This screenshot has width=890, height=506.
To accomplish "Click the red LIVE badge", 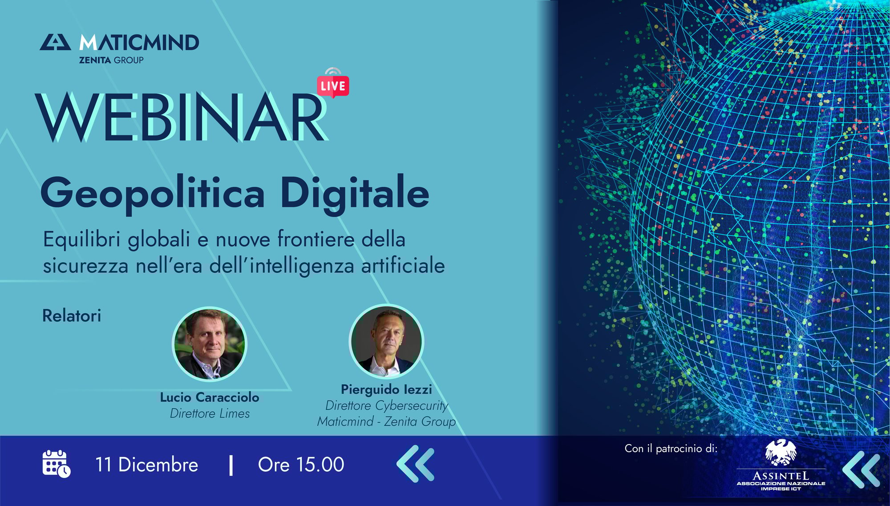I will (x=333, y=85).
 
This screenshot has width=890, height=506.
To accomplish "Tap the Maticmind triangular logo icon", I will (x=55, y=42).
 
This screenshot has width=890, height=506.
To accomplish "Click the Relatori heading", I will (x=72, y=316).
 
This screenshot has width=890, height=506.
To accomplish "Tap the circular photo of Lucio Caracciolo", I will (x=209, y=344).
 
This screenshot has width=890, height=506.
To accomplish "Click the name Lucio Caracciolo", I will (x=210, y=397).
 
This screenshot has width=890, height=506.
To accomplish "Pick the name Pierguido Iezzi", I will (x=386, y=389).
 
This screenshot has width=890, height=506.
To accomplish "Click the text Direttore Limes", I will (x=210, y=414).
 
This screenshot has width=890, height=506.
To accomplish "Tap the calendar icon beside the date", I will (x=56, y=464).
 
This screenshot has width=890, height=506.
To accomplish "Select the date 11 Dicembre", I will (x=147, y=465).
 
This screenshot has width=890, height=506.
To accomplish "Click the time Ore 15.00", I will (x=301, y=465).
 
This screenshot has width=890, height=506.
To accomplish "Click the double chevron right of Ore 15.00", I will (x=415, y=464).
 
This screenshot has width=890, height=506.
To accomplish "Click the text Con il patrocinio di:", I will (x=671, y=448).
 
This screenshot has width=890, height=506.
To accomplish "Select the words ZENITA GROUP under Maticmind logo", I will (x=111, y=60).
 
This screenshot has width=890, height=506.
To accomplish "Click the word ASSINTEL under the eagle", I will (x=781, y=476).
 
